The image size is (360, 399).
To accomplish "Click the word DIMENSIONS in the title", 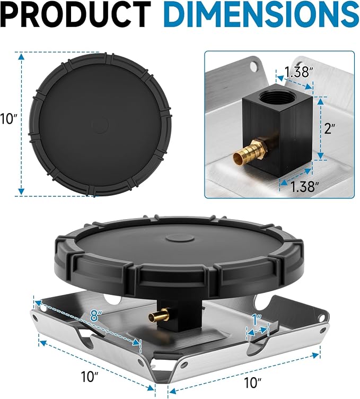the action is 261,14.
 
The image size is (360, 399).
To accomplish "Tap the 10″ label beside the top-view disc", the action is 8,118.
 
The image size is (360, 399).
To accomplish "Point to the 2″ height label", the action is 330,128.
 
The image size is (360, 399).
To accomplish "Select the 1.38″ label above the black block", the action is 296,72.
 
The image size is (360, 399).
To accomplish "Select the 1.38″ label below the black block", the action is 304,187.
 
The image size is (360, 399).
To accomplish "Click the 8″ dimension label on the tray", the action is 96,316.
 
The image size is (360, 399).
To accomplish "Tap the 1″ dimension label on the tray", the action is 257,320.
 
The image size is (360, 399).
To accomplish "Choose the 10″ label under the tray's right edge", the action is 253,383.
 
